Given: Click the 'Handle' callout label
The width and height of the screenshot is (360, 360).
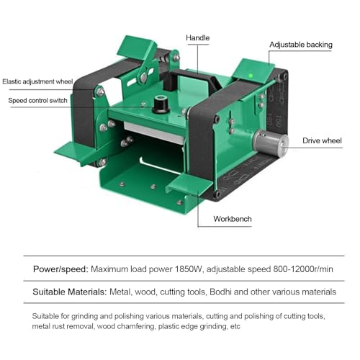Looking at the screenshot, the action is tap(197, 38).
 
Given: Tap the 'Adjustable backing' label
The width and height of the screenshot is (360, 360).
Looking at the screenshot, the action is tap(301, 45).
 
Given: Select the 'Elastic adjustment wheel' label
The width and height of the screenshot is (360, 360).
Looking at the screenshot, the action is tap(37, 81).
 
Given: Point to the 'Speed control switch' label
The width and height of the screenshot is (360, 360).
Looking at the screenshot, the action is tap(37, 100).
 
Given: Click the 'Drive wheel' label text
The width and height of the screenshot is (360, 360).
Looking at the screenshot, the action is tap(322, 140).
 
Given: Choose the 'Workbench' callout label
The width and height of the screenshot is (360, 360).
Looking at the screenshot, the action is tap(233, 219).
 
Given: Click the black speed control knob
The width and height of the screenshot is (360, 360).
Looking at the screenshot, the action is tap(161, 104).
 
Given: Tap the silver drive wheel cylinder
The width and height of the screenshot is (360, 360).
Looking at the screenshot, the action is tap(271, 143).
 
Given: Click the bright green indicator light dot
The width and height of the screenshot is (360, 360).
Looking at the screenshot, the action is tap(251, 76).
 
